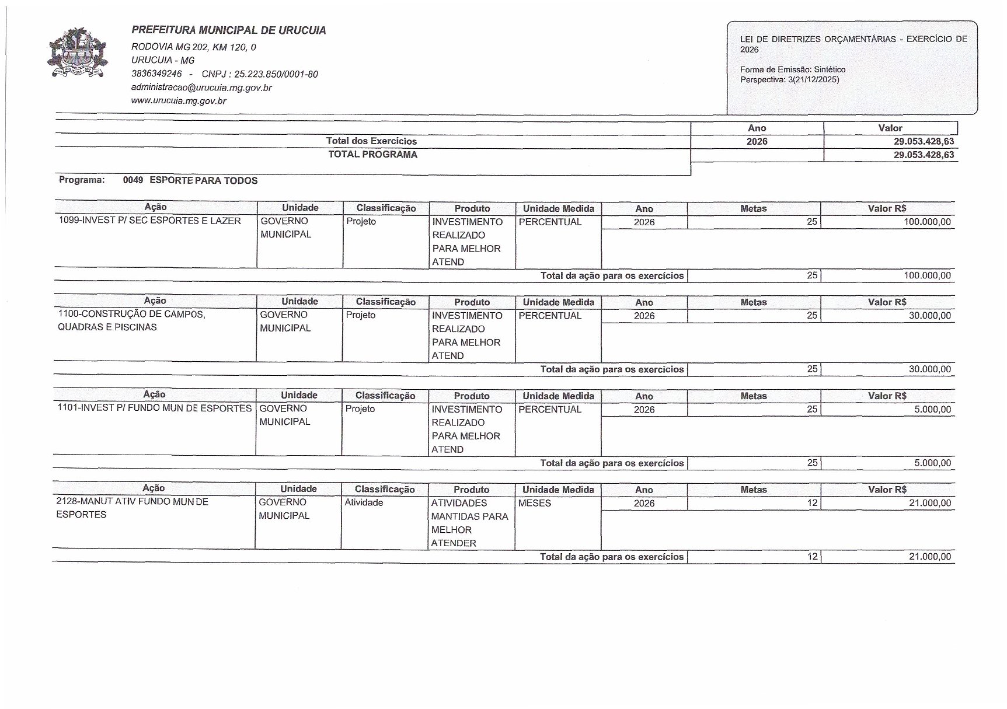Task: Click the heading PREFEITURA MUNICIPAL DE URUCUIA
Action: pyautogui.click(x=229, y=30)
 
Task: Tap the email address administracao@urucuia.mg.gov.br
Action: pyautogui.click(x=201, y=88)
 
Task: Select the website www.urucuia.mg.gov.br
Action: pyautogui.click(x=179, y=101)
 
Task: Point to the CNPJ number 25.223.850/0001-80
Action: pyautogui.click(x=276, y=74)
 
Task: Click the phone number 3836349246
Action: pyautogui.click(x=156, y=74)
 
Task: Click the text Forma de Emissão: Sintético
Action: pyautogui.click(x=793, y=69)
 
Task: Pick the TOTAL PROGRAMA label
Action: pyautogui.click(x=372, y=155)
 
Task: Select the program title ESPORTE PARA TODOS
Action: pyautogui.click(x=203, y=181)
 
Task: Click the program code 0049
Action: pyautogui.click(x=133, y=180)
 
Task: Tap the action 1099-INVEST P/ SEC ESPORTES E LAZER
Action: pyautogui.click(x=150, y=221)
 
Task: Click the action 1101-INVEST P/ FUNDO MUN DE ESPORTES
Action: pyautogui.click(x=155, y=408)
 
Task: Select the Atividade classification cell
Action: pyautogui.click(x=364, y=502)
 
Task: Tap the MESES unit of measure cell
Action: pyautogui.click(x=535, y=503)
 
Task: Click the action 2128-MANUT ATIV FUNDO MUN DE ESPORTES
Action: pyautogui.click(x=132, y=508)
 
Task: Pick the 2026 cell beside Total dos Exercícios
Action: pyautogui.click(x=757, y=142)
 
